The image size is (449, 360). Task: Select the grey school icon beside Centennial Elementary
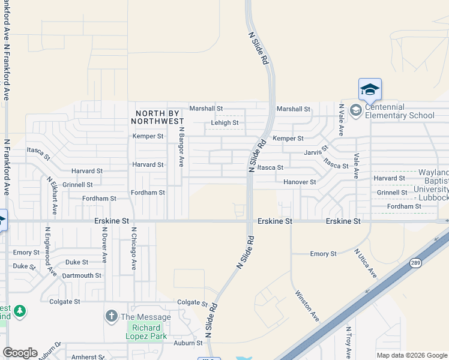click(x=355, y=110)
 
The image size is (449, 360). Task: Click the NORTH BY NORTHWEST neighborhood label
click(x=159, y=117)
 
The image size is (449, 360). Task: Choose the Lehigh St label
click(x=224, y=123)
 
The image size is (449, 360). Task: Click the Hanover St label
click(x=300, y=182)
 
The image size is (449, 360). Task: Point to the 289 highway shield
click(x=415, y=262)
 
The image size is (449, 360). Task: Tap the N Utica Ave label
click(x=365, y=263)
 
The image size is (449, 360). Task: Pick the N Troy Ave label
click(x=348, y=342)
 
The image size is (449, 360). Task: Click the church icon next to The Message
click(x=111, y=316)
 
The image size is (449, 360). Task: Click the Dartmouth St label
click(x=82, y=275)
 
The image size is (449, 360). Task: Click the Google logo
click(x=20, y=353)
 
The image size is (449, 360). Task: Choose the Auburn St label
click(x=188, y=343)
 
